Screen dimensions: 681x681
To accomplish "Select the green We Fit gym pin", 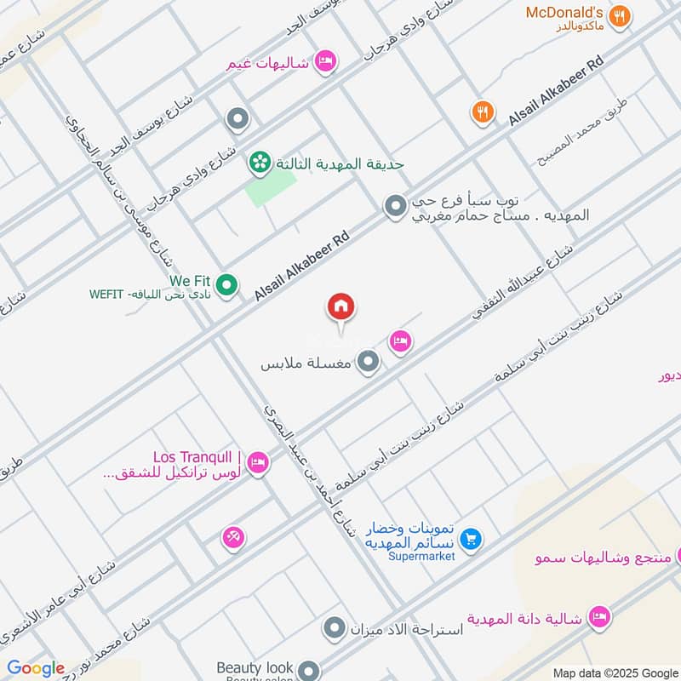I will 226,285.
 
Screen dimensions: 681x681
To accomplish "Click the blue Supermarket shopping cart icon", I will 470,539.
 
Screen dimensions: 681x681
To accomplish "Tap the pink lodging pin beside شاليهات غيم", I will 324,61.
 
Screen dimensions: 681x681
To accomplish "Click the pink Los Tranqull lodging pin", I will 259,464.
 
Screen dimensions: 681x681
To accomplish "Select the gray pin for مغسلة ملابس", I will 368,363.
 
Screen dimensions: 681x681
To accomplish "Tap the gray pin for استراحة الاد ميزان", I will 335,630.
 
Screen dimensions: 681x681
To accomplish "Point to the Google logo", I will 36,668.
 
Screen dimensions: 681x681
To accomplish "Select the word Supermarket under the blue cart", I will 421,557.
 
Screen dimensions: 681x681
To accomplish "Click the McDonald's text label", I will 564,12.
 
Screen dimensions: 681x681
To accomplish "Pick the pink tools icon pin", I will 232,537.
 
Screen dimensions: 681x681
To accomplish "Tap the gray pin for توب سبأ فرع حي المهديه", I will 394,205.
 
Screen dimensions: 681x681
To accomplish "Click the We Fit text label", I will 189,280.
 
